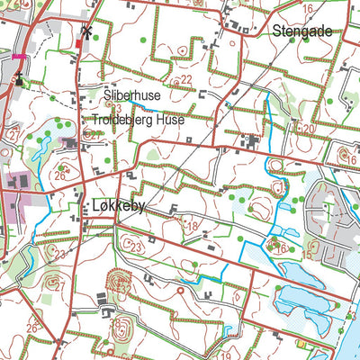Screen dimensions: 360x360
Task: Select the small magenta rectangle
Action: tap(19, 56)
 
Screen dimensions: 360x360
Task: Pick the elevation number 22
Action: tap(186, 80)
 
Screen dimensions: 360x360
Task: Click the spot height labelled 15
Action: tap(306, 256)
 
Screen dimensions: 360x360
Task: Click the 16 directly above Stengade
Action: tap(308, 8)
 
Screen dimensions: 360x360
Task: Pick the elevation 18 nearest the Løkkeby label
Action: tap(191, 226)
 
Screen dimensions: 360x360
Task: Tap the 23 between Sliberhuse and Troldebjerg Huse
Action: tap(116, 107)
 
